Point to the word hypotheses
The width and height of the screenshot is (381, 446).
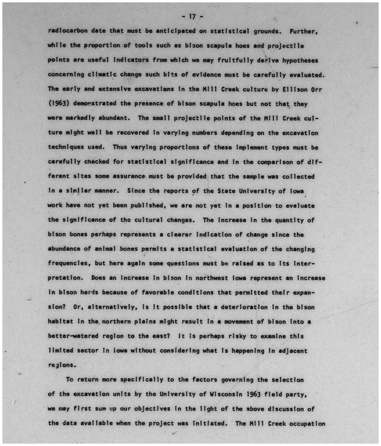(300, 60)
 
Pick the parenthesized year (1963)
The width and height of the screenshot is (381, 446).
(59, 104)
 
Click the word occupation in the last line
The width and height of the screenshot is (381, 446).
(307, 423)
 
